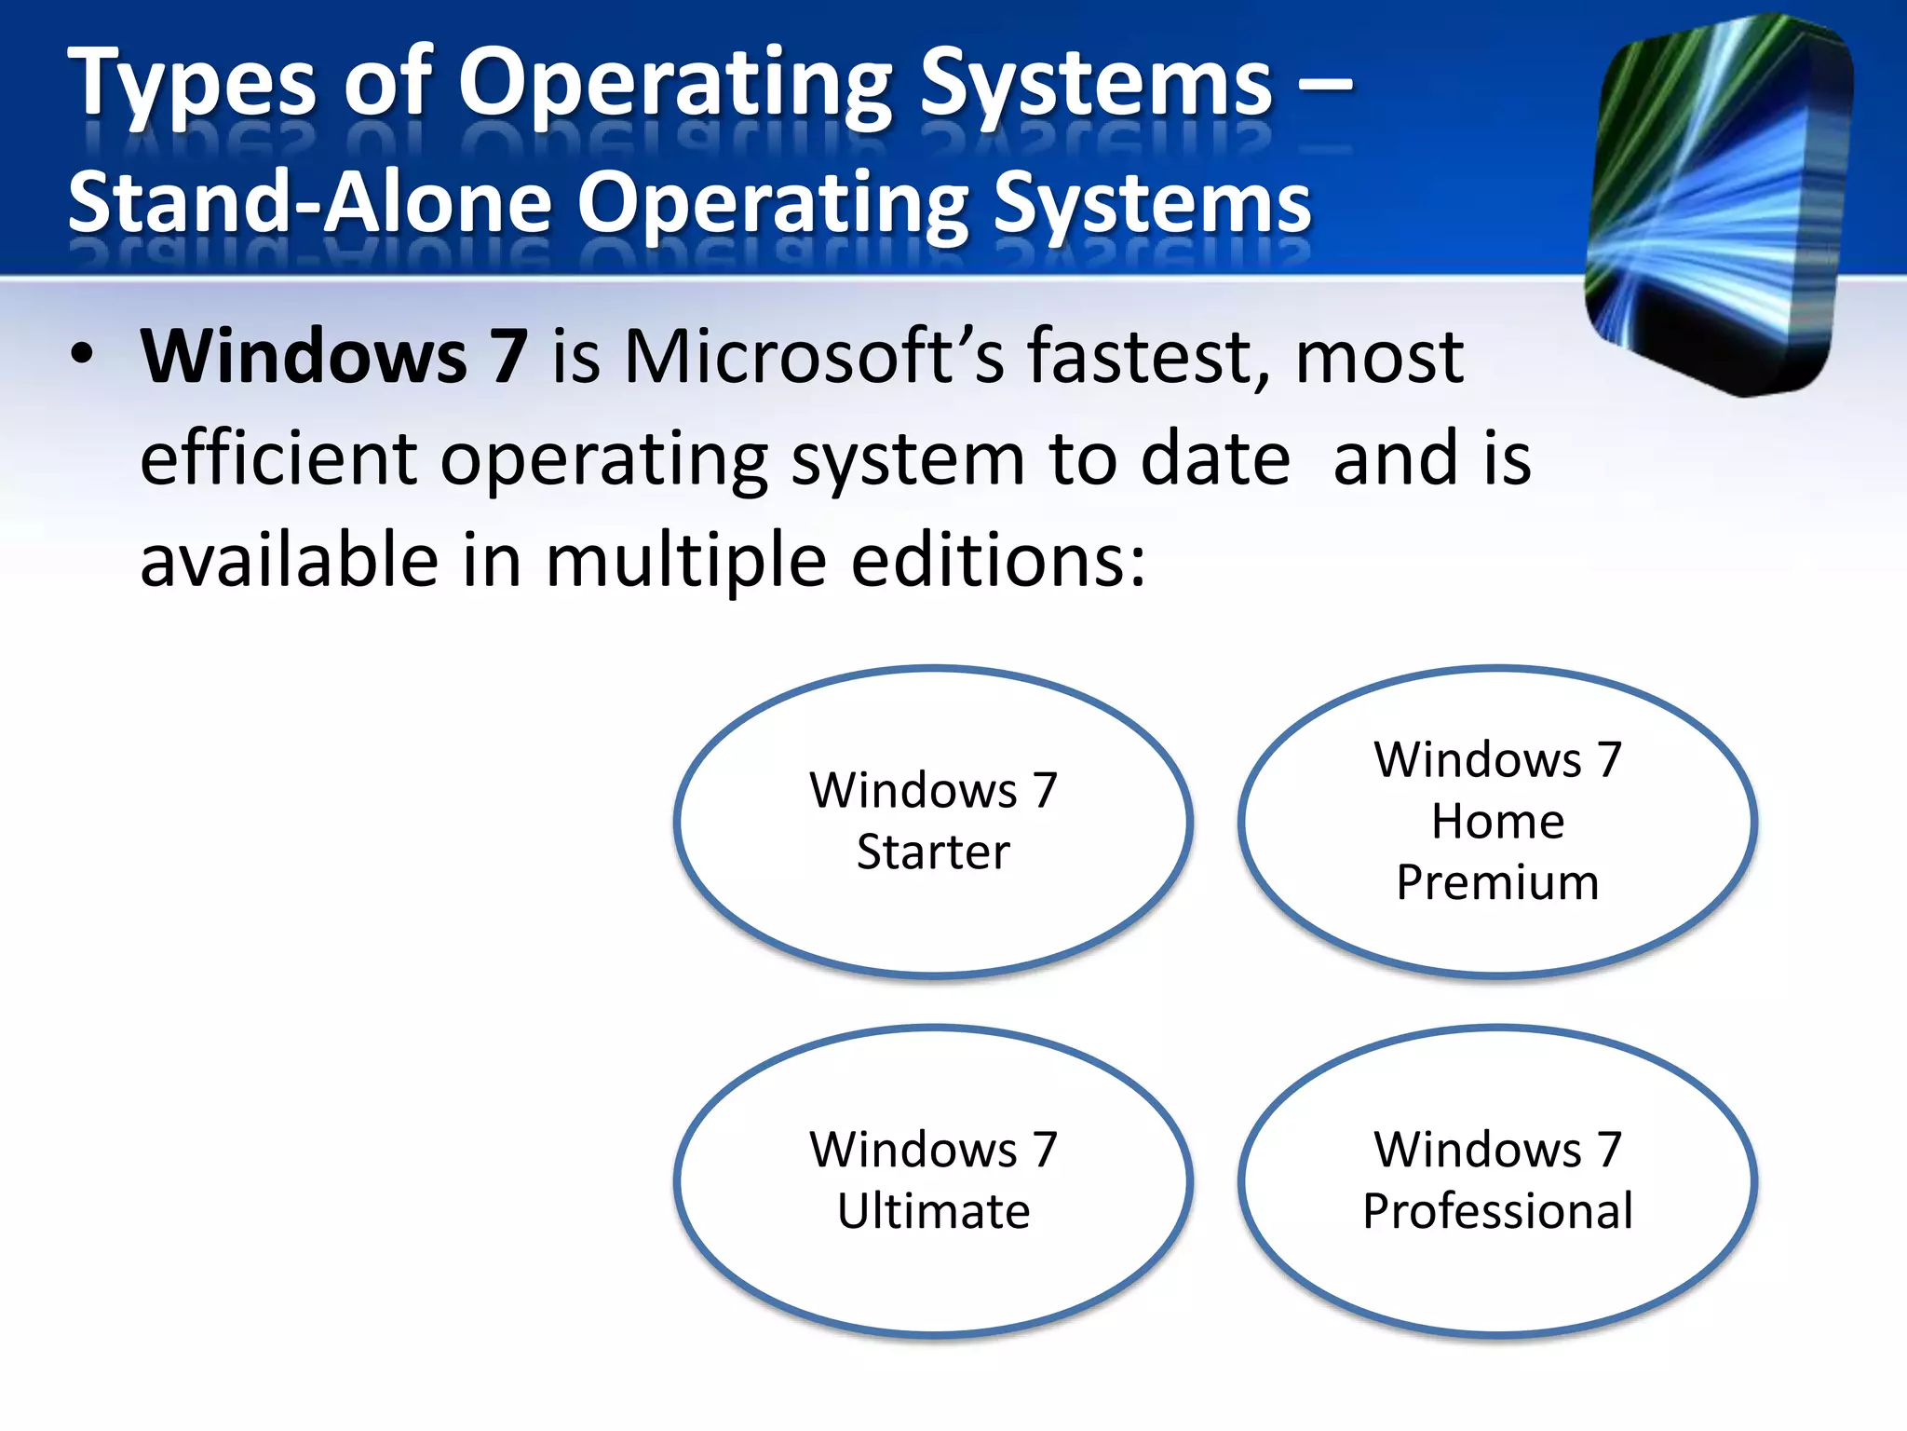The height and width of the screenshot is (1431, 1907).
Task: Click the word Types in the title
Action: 192,86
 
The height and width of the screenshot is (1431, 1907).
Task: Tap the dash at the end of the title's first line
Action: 1323,86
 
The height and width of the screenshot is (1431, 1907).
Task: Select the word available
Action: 289,561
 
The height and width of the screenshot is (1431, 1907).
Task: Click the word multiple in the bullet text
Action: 685,561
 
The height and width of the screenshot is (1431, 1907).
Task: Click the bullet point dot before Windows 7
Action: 82,355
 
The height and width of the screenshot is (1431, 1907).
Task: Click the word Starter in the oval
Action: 933,852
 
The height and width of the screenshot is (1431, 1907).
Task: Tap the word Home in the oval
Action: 1497,822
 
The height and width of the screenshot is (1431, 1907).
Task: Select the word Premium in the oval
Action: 1497,882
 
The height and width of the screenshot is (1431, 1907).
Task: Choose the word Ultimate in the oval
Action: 933,1211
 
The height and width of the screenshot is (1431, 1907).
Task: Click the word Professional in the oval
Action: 1497,1211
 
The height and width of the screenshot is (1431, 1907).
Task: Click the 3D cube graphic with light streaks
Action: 1718,205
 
